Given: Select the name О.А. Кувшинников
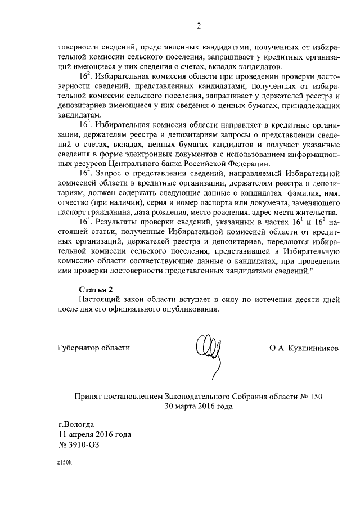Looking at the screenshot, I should [304, 348].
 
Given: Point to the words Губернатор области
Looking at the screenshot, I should [93, 348].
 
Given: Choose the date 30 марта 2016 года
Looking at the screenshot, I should [199, 406].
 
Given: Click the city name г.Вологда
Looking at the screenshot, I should [76, 425].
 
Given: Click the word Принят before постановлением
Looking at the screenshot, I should [89, 397].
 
